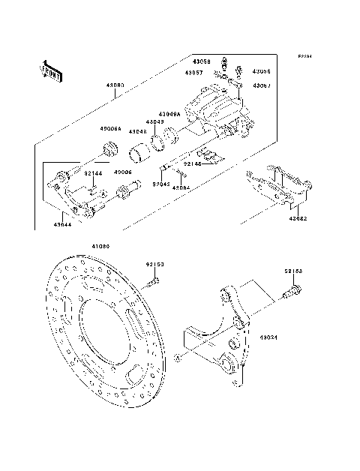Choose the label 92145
(193, 162)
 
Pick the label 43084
(180, 187)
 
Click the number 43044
(63, 223)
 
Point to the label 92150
(154, 265)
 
